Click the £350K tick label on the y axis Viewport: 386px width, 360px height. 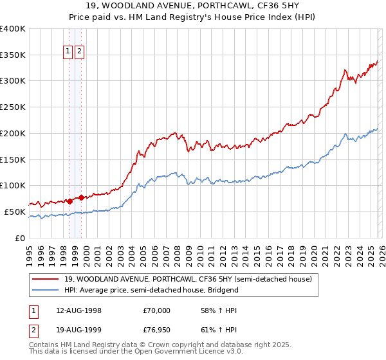click(13, 55)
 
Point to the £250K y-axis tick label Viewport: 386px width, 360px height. click(13, 107)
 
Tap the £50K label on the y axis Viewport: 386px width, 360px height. click(15, 212)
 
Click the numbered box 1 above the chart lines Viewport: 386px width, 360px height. click(68, 52)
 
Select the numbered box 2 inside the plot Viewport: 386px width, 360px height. click(79, 52)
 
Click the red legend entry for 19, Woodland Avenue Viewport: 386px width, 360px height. click(187, 279)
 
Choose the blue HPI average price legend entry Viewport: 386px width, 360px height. click(151, 290)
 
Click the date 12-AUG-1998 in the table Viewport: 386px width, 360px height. click(78, 310)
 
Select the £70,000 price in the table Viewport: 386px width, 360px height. click(156, 310)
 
